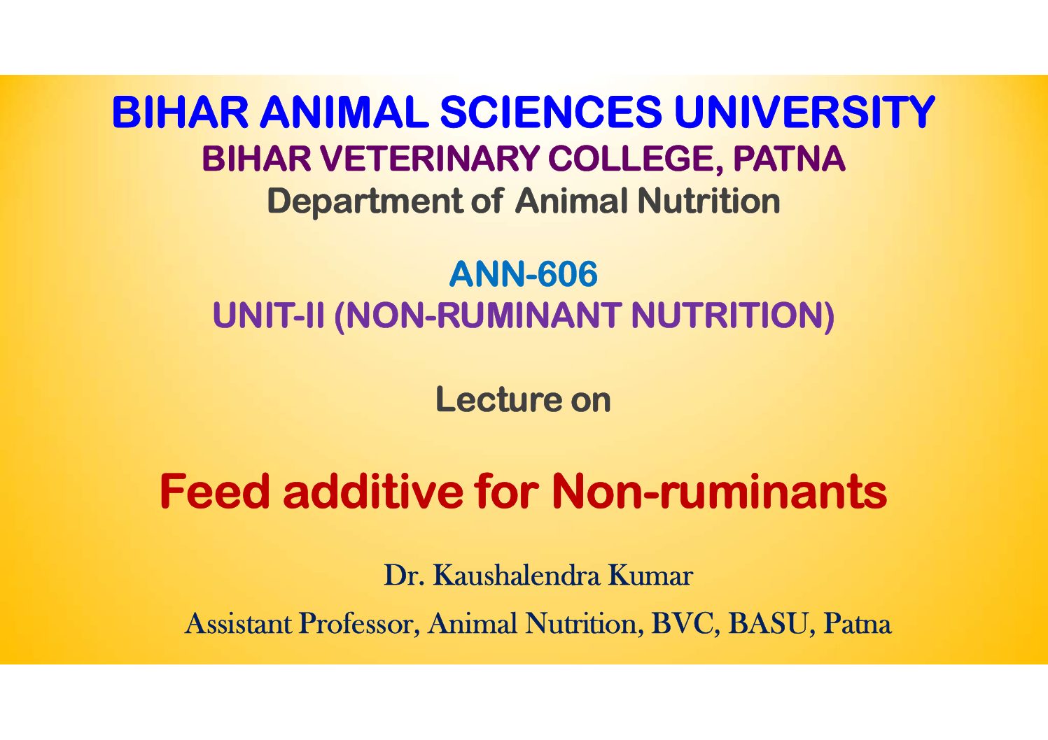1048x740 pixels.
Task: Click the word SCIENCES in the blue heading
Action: [x=551, y=112]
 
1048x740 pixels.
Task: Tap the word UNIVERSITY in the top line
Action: [x=804, y=112]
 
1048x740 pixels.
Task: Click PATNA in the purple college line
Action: [x=789, y=159]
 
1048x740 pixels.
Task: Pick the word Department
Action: [x=365, y=201]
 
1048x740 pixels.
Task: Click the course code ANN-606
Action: [x=523, y=274]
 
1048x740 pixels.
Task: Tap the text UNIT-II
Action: [x=268, y=315]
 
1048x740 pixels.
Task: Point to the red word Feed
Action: [x=216, y=491]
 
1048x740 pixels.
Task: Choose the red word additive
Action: [x=372, y=491]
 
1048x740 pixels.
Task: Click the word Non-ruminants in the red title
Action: [x=719, y=491]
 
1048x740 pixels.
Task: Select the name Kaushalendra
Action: [x=517, y=575]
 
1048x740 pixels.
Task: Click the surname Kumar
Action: [x=651, y=575]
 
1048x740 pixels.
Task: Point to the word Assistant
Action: [x=239, y=624]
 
